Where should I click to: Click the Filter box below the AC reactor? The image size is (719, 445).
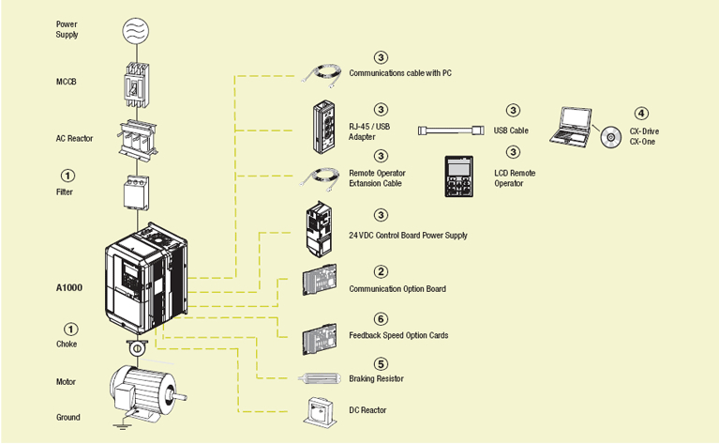[137, 192]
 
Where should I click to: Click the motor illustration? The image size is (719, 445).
[140, 387]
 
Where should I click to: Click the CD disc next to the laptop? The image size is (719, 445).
[611, 137]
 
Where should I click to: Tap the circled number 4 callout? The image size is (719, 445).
[641, 112]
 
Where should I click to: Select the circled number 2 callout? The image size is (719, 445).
[381, 270]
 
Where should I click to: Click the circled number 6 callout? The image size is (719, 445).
[381, 319]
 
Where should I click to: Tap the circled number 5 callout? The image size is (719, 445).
[381, 363]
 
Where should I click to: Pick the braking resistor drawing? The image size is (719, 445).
[322, 378]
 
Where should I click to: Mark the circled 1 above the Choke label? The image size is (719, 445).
[69, 329]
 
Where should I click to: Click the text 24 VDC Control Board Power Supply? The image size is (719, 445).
[408, 235]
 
